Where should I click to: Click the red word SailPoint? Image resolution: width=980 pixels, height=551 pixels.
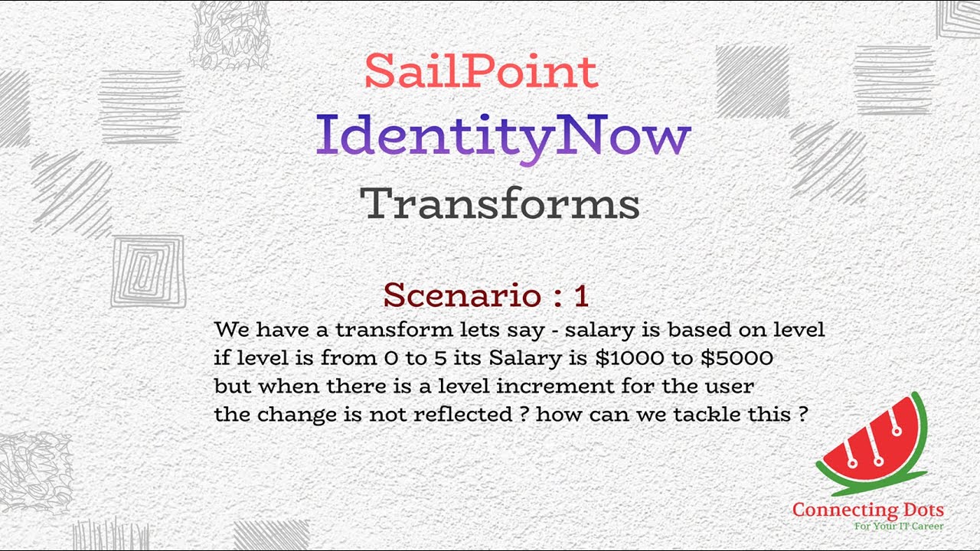pyautogui.click(x=481, y=71)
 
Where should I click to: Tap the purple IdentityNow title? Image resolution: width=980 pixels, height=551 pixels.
pyautogui.click(x=503, y=136)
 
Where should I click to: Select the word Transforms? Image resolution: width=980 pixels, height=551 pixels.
pyautogui.click(x=500, y=204)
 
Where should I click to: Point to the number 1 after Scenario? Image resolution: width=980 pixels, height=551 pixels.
pyautogui.click(x=580, y=295)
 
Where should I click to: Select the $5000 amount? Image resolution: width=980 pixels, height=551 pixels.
pyautogui.click(x=737, y=357)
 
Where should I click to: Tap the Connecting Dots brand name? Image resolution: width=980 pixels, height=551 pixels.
pyautogui.click(x=867, y=510)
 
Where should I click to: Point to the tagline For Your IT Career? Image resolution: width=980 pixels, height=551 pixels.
pyautogui.click(x=898, y=527)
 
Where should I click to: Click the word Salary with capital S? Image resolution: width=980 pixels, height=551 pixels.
pyautogui.click(x=525, y=357)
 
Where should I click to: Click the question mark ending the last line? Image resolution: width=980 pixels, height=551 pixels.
pyautogui.click(x=802, y=414)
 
